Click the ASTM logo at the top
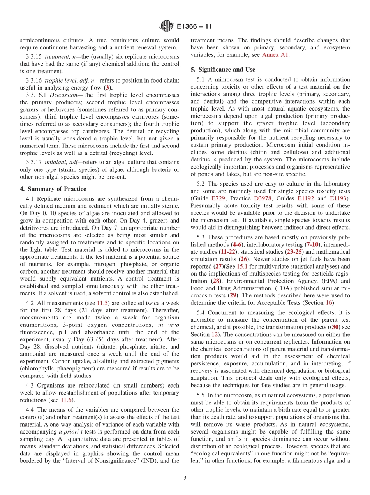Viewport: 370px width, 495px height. pyautogui.click(x=167, y=27)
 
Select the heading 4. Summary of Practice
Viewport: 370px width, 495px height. pyautogui.click(x=53, y=189)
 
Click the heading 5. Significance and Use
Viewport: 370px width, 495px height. pyautogui.click(x=223, y=70)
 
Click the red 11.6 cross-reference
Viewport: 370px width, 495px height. pyautogui.click(x=67, y=400)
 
